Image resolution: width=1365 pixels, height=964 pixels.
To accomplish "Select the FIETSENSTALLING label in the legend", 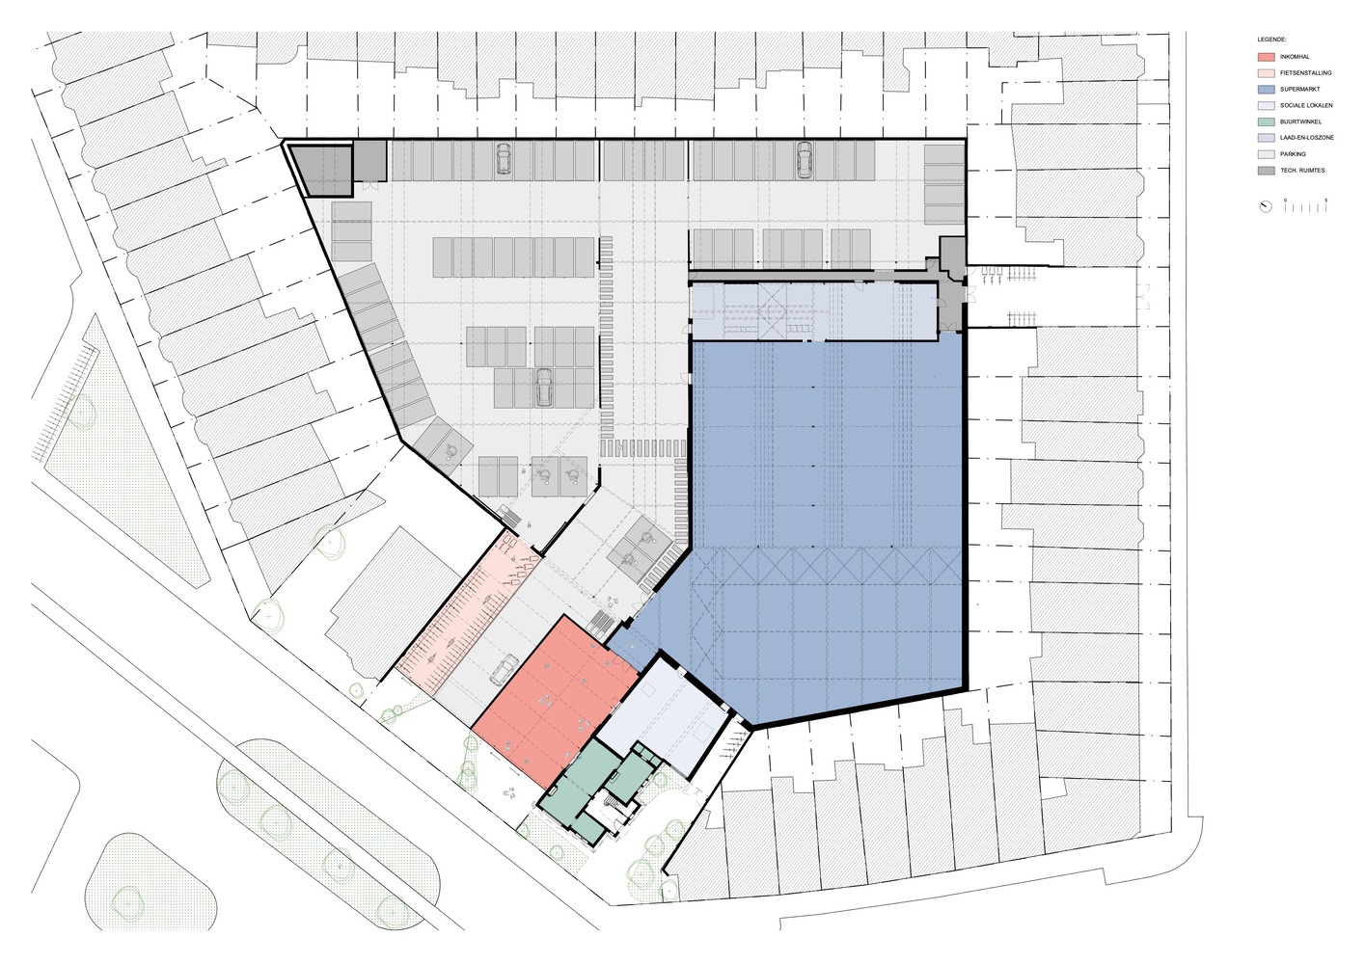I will (x=1305, y=73).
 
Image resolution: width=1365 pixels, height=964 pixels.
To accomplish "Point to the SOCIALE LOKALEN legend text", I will (x=1306, y=105).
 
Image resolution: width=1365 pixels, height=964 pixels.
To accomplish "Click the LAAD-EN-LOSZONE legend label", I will (x=1307, y=138).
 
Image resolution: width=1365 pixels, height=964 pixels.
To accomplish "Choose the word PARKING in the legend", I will (x=1293, y=154).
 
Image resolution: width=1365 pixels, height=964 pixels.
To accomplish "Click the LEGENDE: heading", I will (x=1271, y=39).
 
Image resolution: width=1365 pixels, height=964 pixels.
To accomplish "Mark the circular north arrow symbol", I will (x=1266, y=206).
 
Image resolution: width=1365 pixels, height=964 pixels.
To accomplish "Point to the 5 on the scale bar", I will (x=1326, y=200).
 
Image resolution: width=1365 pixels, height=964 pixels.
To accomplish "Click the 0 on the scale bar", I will (x=1285, y=200).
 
